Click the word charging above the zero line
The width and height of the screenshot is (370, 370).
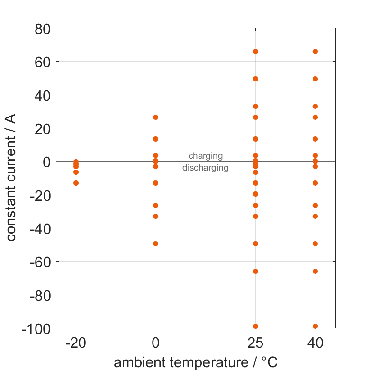click(x=205, y=155)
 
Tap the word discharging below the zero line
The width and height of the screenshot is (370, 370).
click(x=205, y=168)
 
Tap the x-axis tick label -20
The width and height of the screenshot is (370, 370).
click(x=76, y=343)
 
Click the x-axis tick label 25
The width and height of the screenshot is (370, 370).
click(x=255, y=343)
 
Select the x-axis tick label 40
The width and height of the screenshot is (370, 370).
click(x=315, y=343)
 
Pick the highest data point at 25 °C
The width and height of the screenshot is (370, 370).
click(x=255, y=51)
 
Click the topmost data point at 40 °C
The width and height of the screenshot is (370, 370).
click(x=315, y=51)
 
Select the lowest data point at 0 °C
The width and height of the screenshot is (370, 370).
click(x=155, y=244)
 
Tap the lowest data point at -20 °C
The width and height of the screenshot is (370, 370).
click(x=76, y=183)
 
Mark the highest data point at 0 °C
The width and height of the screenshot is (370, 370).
click(x=155, y=117)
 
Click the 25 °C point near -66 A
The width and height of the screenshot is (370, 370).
click(x=255, y=271)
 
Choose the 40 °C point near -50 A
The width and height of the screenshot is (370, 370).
click(x=315, y=244)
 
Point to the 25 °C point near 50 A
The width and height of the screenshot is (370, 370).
click(x=255, y=79)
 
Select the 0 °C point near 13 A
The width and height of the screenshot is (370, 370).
click(x=155, y=139)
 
